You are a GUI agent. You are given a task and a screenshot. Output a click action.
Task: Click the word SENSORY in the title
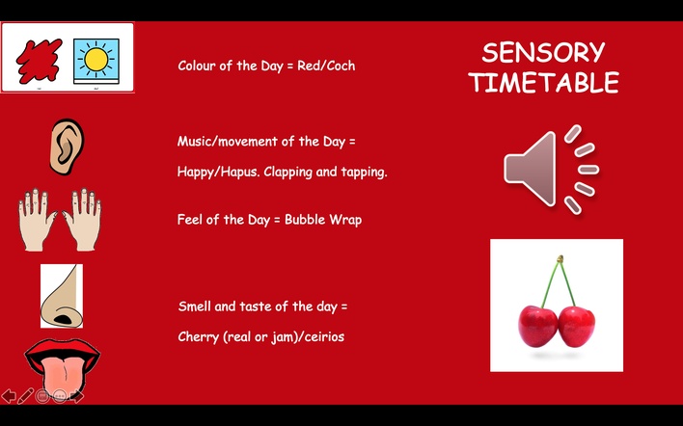[x=543, y=53]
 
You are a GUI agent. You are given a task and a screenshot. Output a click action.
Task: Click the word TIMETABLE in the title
[x=544, y=82]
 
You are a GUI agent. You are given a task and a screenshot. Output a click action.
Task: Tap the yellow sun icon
[x=96, y=61]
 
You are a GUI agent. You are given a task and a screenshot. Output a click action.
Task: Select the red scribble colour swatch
[x=40, y=61]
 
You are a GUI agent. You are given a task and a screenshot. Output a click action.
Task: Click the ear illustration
[x=67, y=146]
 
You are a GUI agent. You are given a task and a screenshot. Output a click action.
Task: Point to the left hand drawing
[x=37, y=220]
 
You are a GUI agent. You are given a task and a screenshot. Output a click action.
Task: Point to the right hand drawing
[x=82, y=220]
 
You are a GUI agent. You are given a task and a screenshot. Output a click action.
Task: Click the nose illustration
[x=62, y=296]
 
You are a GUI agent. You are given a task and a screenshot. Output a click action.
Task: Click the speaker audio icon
[x=551, y=170]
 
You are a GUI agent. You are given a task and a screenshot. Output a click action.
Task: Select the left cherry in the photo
[x=538, y=327]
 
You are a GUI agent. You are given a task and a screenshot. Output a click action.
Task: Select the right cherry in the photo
[x=576, y=327]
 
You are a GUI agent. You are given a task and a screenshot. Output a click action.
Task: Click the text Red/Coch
[x=326, y=66]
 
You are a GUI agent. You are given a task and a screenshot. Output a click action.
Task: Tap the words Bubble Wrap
[x=323, y=220]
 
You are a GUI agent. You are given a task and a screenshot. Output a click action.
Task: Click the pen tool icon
[x=25, y=396]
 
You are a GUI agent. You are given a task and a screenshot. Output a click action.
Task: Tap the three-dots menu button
[x=60, y=396]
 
